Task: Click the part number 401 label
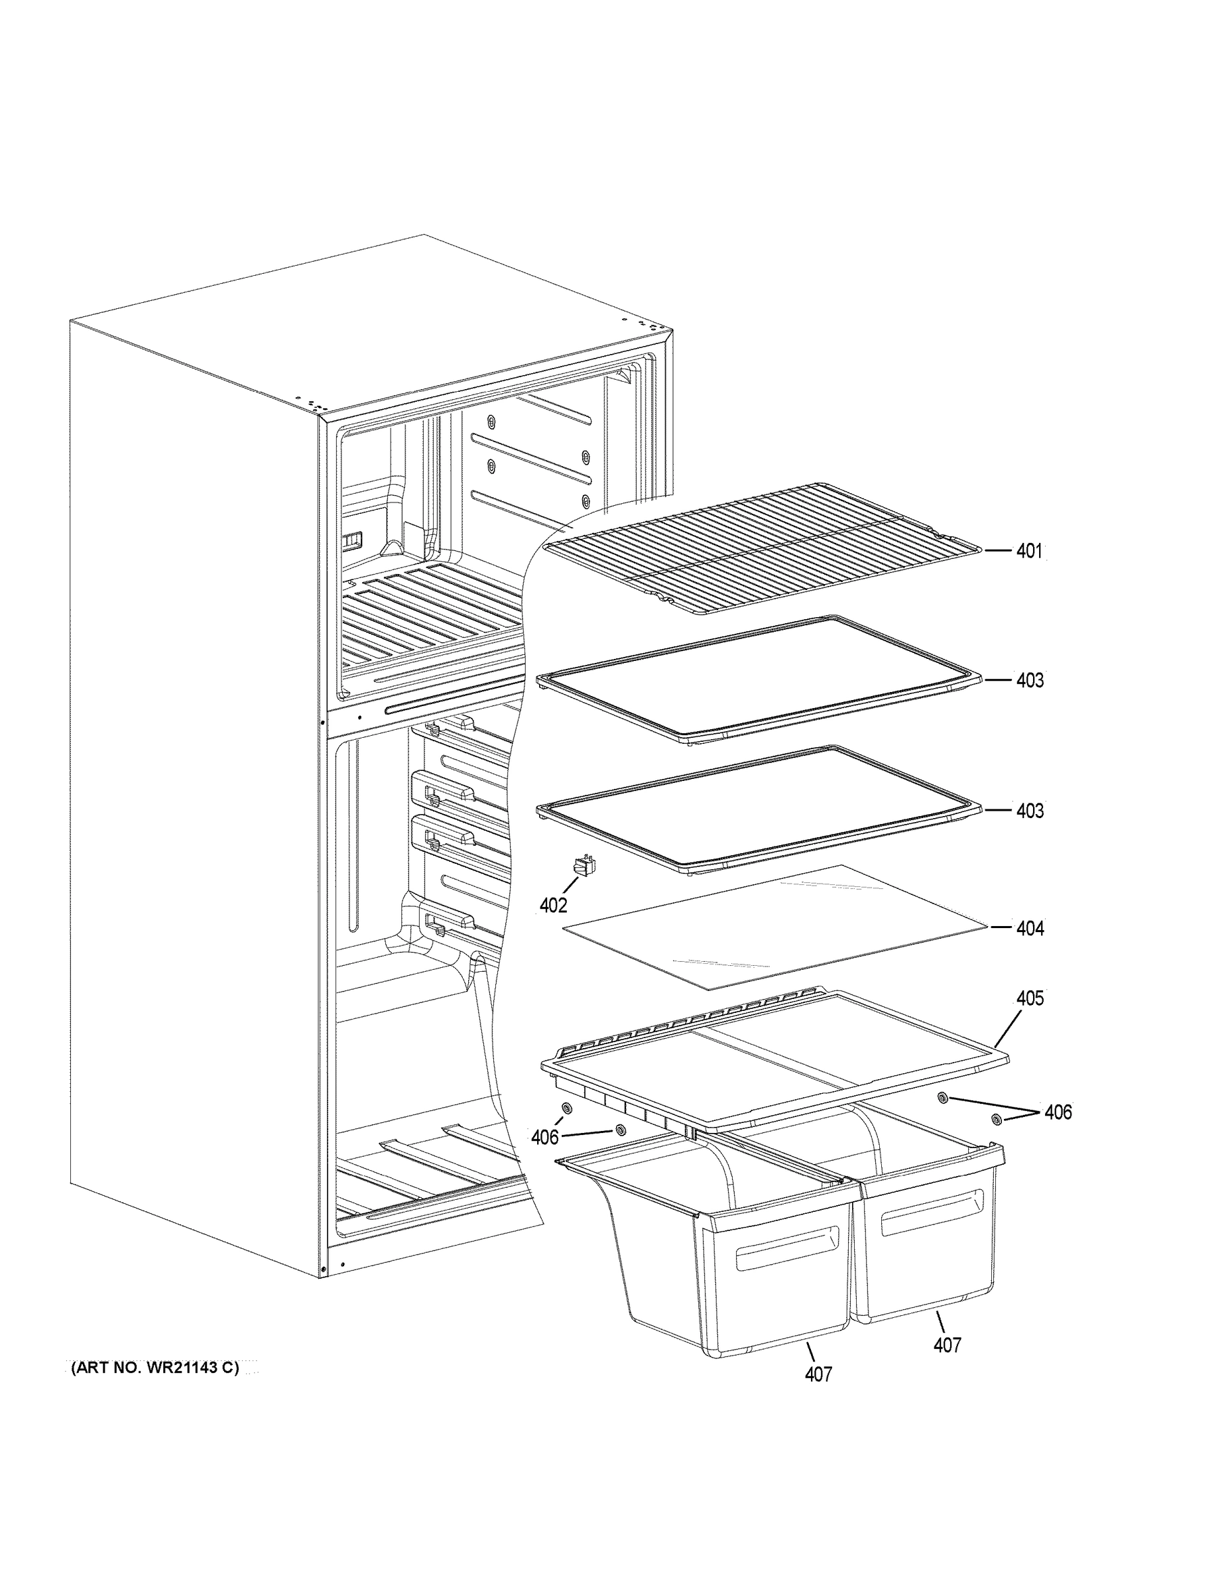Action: click(x=1029, y=552)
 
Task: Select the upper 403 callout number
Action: click(x=1030, y=680)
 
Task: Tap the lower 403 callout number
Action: click(x=1030, y=811)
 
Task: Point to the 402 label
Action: click(x=553, y=906)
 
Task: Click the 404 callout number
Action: click(x=1030, y=928)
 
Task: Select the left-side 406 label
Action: click(x=545, y=1137)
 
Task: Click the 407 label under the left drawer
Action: click(x=818, y=1375)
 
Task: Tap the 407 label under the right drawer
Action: click(x=948, y=1345)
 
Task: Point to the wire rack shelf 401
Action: click(x=758, y=546)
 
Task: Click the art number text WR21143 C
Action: click(x=155, y=1368)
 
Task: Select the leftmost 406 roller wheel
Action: click(x=566, y=1109)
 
